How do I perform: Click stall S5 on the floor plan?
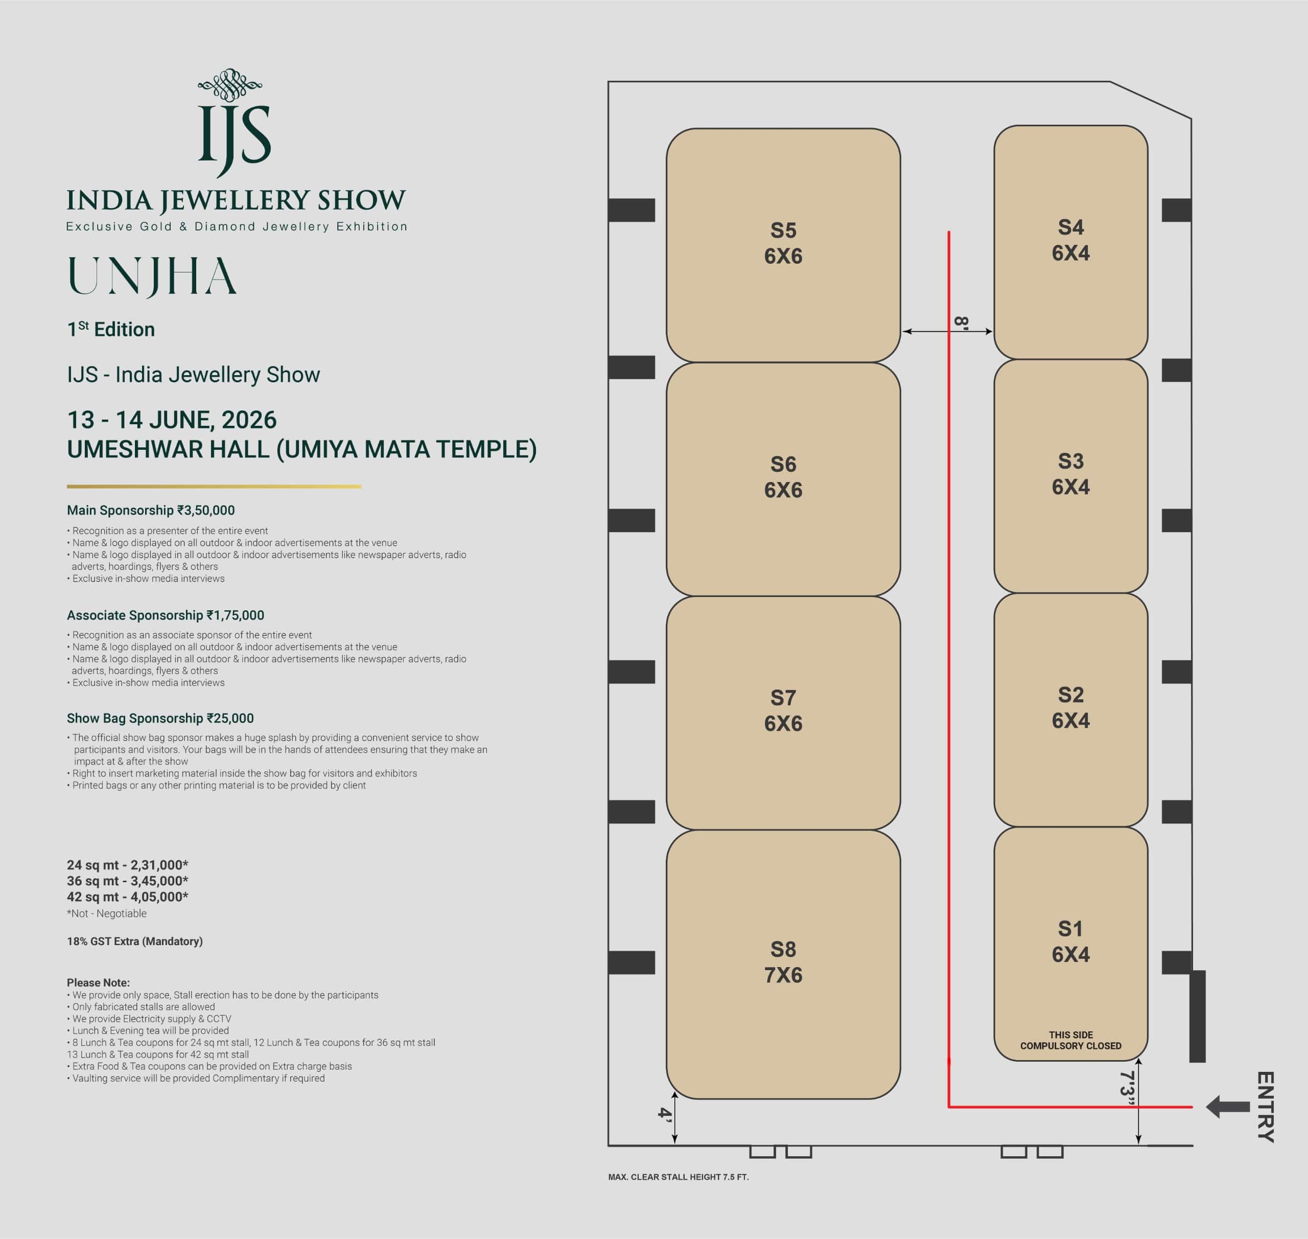pyautogui.click(x=783, y=245)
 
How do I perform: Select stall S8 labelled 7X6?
pyautogui.click(x=783, y=964)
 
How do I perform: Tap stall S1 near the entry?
pyautogui.click(x=1070, y=944)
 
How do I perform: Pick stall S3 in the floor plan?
pyautogui.click(x=1070, y=475)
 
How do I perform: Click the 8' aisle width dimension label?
pyautogui.click(x=962, y=323)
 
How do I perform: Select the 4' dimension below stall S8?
pyautogui.click(x=665, y=1114)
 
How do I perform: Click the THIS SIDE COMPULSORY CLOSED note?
pyautogui.click(x=1070, y=1040)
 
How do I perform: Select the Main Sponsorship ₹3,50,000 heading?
pyautogui.click(x=151, y=510)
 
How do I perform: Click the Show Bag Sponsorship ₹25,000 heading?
pyautogui.click(x=160, y=718)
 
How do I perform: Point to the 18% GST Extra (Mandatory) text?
pyautogui.click(x=135, y=941)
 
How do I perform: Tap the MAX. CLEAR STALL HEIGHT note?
pyautogui.click(x=678, y=1177)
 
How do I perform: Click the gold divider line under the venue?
pyautogui.click(x=214, y=487)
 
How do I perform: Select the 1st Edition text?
pyautogui.click(x=111, y=329)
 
